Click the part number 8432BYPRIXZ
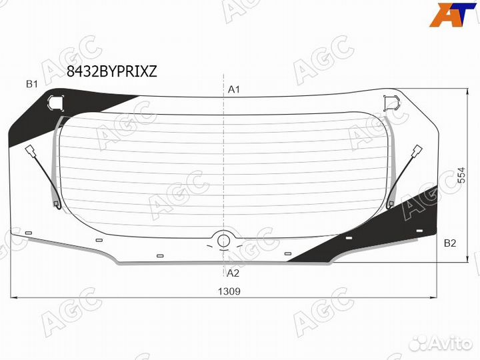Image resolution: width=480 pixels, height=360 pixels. coord(112,71)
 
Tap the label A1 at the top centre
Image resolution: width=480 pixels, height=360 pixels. coord(234,89)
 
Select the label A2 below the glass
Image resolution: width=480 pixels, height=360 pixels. coord(233,273)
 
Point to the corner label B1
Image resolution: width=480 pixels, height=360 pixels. coord(32,84)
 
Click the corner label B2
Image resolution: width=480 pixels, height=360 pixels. coord(450,243)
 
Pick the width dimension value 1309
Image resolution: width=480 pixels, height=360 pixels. coord(229,291)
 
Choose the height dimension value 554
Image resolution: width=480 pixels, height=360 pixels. coord(461,175)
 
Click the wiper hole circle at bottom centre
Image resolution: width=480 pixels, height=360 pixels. coord(223,241)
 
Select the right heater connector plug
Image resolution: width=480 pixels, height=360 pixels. coord(418,151)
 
